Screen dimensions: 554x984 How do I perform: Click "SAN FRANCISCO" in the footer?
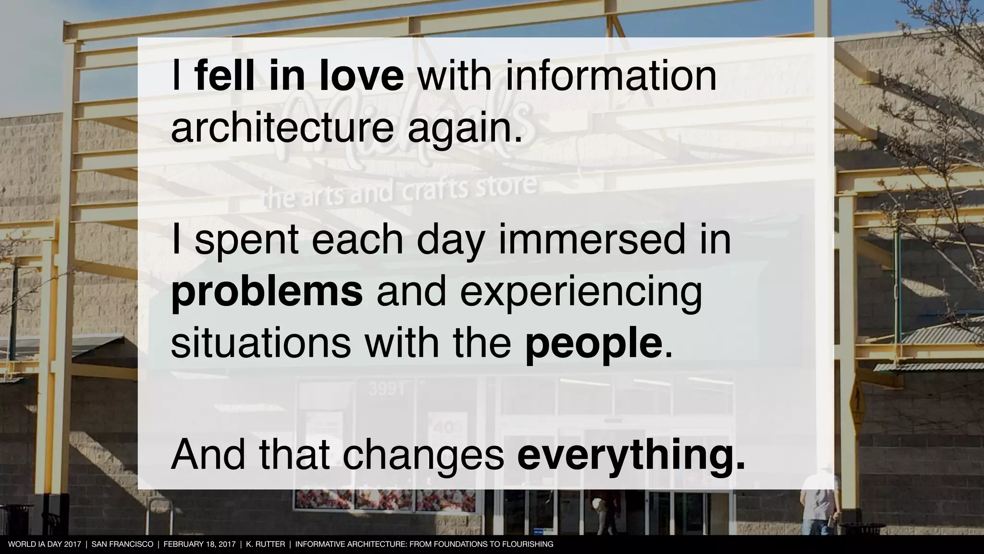click(x=122, y=544)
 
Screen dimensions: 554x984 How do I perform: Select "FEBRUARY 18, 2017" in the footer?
click(x=199, y=544)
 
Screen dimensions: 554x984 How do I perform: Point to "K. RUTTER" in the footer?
click(x=265, y=544)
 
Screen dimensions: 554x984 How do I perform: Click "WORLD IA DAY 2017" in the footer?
click(x=45, y=544)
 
